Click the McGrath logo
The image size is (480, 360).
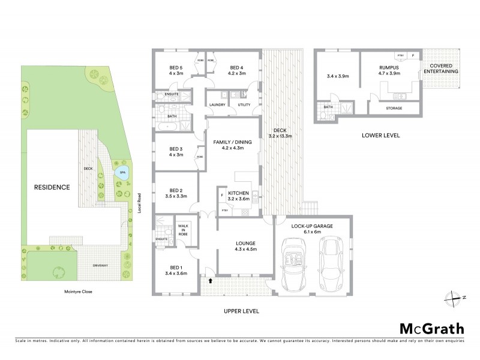(431, 328)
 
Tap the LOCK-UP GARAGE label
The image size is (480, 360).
(312, 226)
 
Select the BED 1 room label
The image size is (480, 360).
(176, 269)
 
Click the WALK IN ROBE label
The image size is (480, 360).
(184, 230)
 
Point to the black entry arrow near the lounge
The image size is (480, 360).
(211, 280)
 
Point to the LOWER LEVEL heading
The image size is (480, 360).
(380, 136)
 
